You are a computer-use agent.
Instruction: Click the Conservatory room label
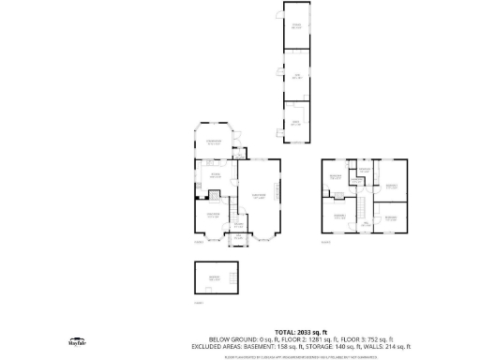(213, 142)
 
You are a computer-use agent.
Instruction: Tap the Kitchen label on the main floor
(215, 175)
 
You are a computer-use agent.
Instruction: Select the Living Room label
(257, 196)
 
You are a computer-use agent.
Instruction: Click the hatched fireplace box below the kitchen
(213, 195)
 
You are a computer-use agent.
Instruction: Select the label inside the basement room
(214, 278)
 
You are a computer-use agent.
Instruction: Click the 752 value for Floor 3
(377, 339)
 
